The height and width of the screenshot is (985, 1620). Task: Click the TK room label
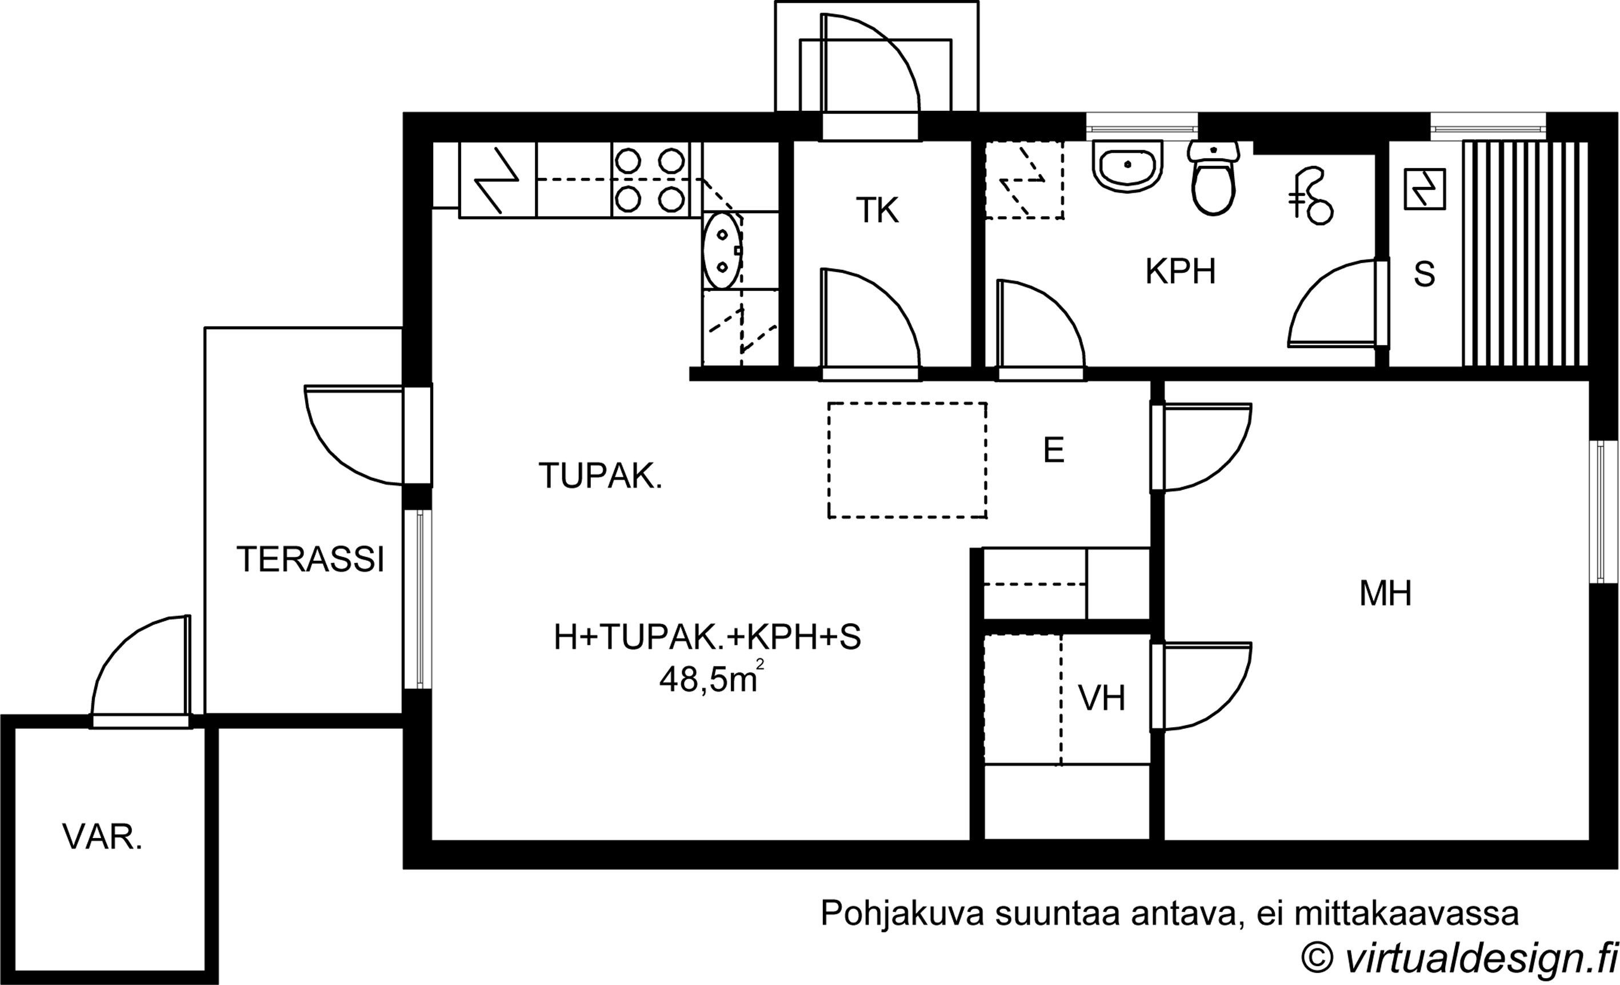tap(877, 211)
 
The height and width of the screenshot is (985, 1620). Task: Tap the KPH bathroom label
tap(1180, 272)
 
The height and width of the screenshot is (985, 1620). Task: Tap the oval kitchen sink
tap(722, 250)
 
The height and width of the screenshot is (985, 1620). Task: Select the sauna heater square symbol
tap(1425, 189)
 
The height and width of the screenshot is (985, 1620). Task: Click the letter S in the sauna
tap(1424, 274)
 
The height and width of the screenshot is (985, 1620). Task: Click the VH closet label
tap(1102, 699)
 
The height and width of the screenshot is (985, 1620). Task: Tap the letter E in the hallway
tap(1053, 451)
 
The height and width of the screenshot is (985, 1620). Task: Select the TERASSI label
tap(310, 560)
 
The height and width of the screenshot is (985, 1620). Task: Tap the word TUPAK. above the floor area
tap(600, 476)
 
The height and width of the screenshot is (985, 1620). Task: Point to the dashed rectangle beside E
tap(907, 460)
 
